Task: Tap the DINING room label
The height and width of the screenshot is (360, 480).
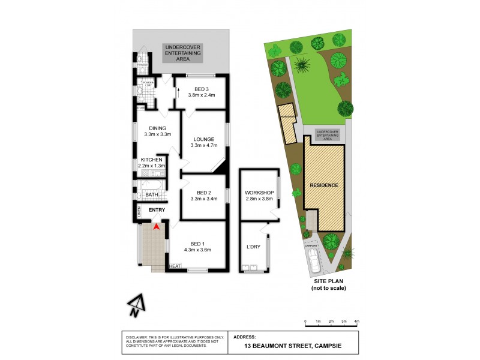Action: point(158,127)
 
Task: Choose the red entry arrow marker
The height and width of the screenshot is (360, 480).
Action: point(156,226)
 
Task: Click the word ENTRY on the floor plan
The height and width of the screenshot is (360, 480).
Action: point(157,209)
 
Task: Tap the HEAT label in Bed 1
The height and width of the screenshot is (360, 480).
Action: point(175,266)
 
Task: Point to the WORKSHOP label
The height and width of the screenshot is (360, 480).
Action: point(259,192)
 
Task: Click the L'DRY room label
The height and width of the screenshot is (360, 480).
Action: point(253,247)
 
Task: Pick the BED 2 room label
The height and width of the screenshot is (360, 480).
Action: point(203,193)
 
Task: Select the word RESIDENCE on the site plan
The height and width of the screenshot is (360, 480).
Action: point(324,185)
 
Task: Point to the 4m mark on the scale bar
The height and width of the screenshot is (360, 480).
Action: point(356,322)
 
